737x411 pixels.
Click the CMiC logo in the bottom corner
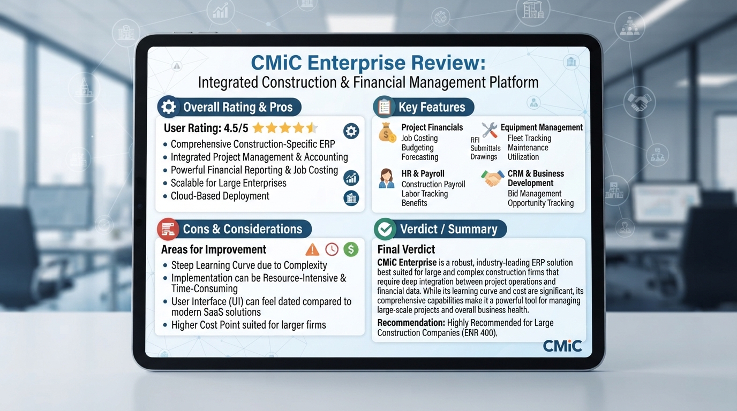(562, 346)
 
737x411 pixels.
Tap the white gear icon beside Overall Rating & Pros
(169, 107)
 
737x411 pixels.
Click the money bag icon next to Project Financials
(387, 133)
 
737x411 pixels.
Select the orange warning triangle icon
(312, 249)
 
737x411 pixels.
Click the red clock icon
(332, 249)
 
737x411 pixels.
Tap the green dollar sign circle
(351, 249)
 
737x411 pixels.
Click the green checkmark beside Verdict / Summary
(385, 229)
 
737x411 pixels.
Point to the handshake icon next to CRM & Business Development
(492, 178)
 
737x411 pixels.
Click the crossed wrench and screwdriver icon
(489, 130)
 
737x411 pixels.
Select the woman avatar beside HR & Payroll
(387, 179)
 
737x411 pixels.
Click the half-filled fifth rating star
(312, 127)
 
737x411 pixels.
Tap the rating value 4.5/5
(236, 128)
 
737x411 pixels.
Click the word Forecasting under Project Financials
(420, 157)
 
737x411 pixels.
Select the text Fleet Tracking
(529, 138)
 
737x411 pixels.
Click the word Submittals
(485, 148)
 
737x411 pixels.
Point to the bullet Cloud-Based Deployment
(220, 196)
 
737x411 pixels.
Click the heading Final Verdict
(406, 249)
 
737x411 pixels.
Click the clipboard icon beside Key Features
(384, 107)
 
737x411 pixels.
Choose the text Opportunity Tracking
(540, 203)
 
